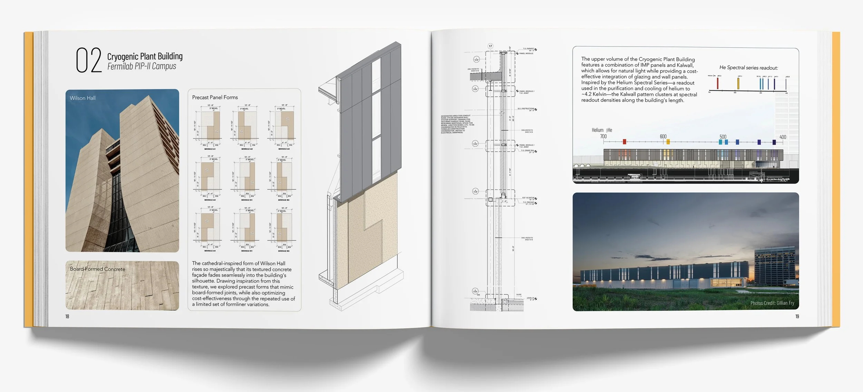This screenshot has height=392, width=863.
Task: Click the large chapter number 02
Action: (x=88, y=60)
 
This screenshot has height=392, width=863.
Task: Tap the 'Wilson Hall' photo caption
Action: (x=83, y=98)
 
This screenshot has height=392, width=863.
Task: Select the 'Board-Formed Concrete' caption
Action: (x=97, y=269)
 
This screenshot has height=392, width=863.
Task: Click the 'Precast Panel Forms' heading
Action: (x=215, y=97)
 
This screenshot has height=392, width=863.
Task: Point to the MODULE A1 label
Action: (x=210, y=149)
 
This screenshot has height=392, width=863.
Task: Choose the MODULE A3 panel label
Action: (x=284, y=149)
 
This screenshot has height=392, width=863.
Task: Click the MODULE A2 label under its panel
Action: (x=246, y=149)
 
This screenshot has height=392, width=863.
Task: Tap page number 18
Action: (x=67, y=316)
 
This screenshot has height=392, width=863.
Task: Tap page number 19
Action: (x=797, y=316)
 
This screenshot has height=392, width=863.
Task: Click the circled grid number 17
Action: (x=490, y=46)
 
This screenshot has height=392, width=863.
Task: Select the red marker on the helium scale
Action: (x=624, y=142)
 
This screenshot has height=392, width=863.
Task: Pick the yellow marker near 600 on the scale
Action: (x=668, y=142)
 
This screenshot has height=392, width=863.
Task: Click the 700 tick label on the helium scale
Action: (x=603, y=137)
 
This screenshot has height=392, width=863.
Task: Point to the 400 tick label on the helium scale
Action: (x=783, y=137)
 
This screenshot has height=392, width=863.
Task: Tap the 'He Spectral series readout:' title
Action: (x=748, y=68)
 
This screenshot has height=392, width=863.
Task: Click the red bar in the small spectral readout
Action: (x=717, y=84)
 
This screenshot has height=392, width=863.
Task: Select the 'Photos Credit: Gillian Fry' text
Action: (x=772, y=303)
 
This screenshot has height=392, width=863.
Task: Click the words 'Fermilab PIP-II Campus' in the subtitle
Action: (x=142, y=66)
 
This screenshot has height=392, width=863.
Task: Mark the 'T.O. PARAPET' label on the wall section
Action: (x=528, y=49)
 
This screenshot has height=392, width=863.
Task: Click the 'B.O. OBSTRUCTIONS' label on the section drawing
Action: (x=526, y=109)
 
